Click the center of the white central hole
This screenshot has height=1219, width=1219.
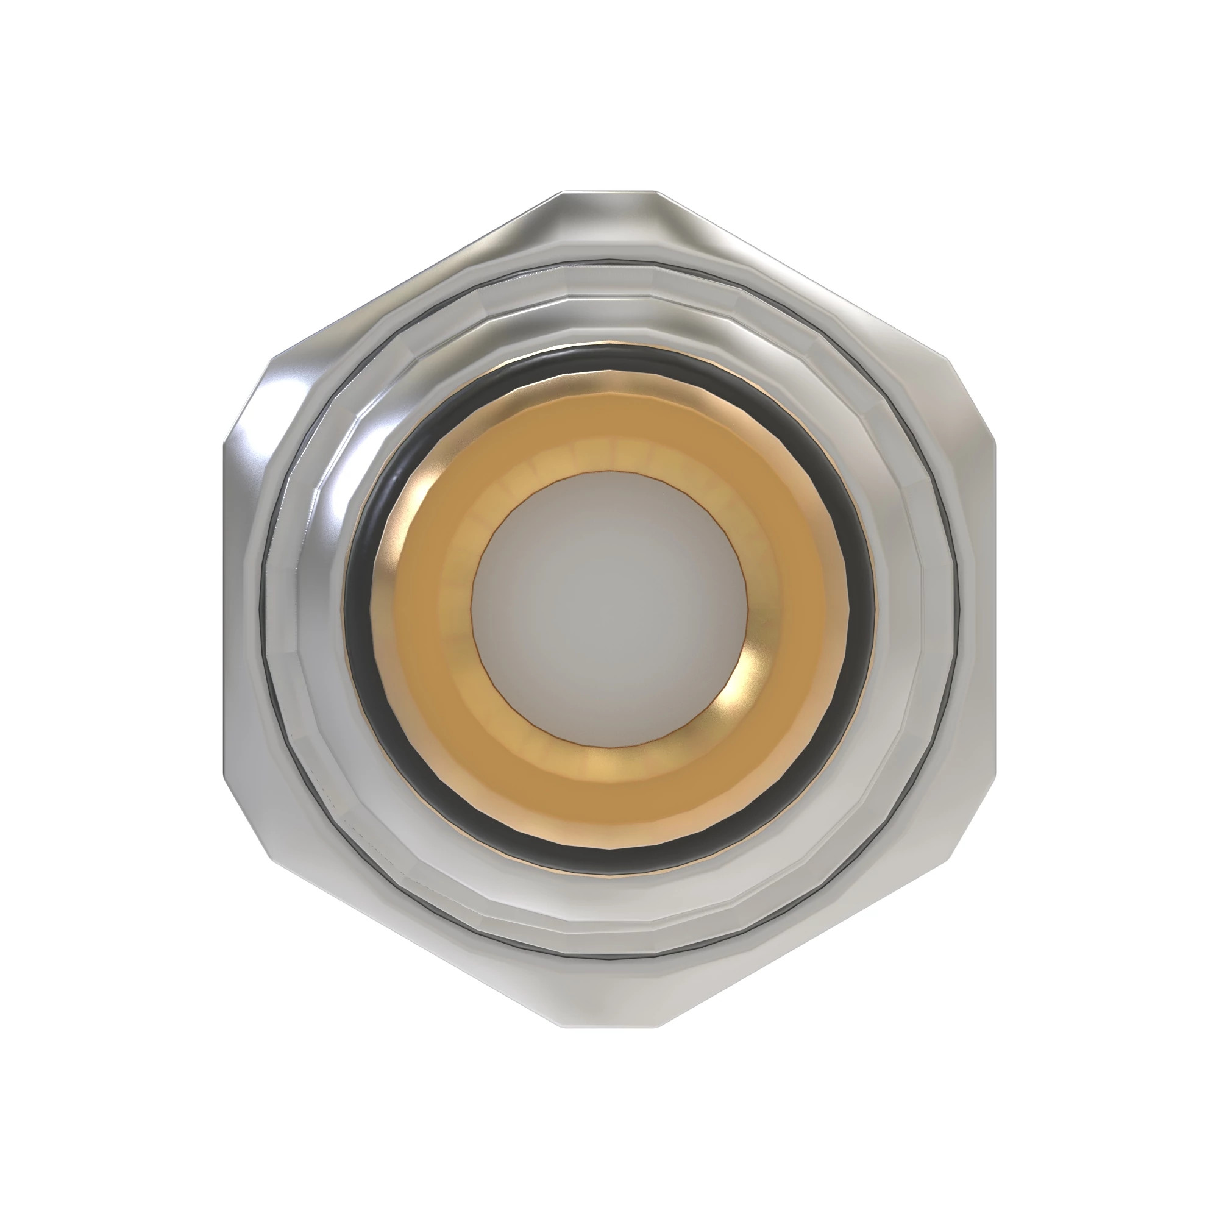[609, 609]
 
